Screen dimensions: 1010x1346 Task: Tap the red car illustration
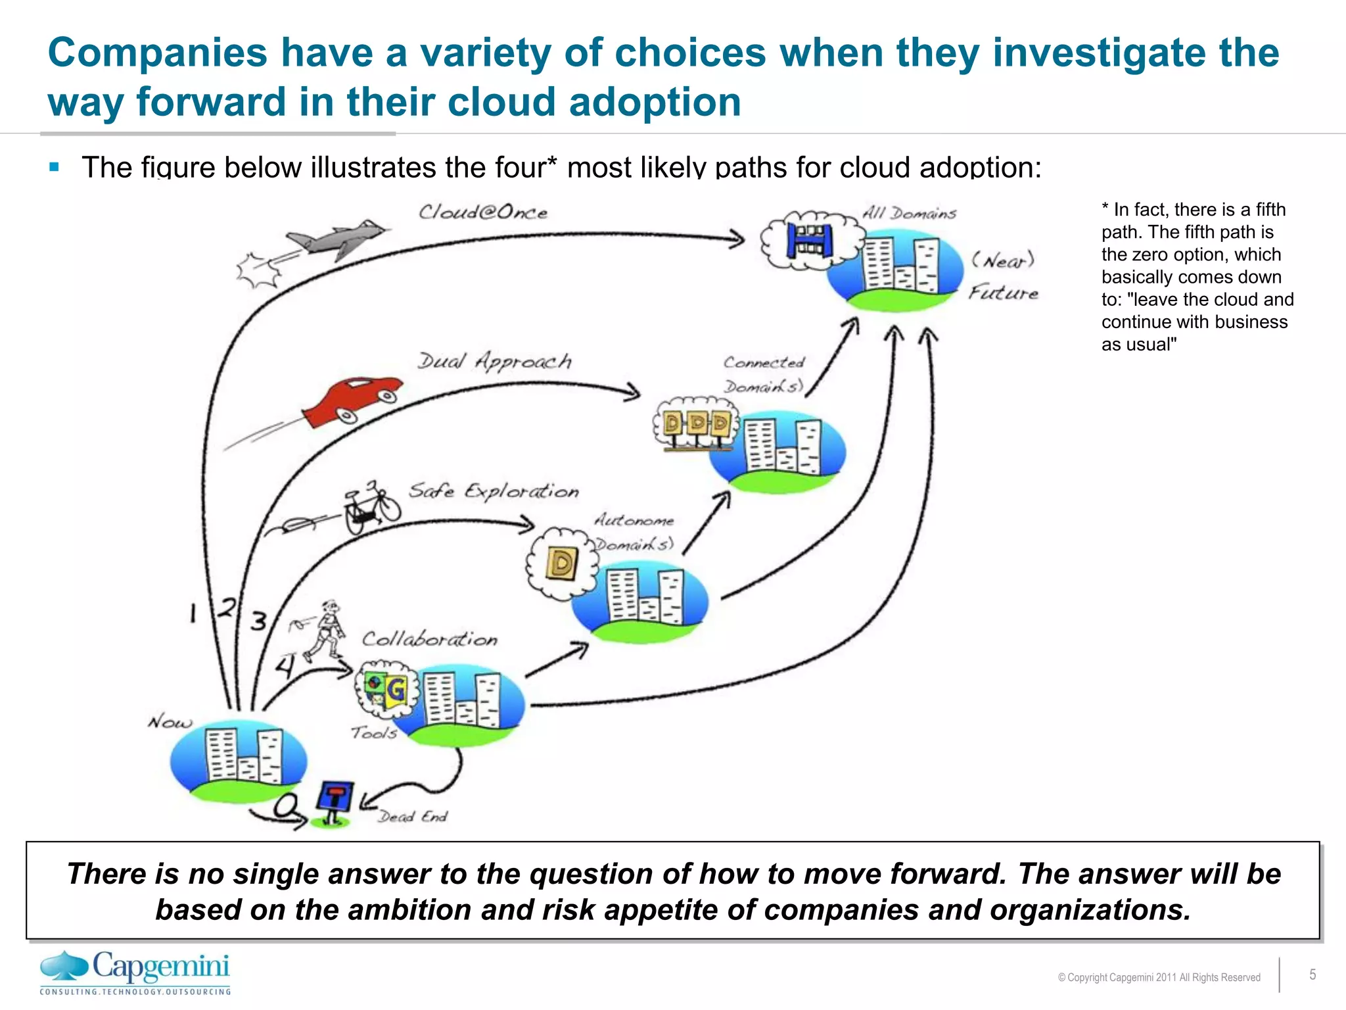pyautogui.click(x=355, y=399)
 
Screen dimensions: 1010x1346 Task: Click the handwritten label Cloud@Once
pyautogui.click(x=483, y=212)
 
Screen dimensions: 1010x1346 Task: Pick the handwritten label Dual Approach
pyautogui.click(x=494, y=362)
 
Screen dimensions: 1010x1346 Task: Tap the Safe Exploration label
pyautogui.click(x=494, y=491)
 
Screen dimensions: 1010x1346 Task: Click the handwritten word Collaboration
pyautogui.click(x=429, y=639)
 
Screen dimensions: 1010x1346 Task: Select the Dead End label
pyautogui.click(x=412, y=817)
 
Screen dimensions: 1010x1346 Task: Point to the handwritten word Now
pyautogui.click(x=170, y=722)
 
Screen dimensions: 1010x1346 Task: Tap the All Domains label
pyautogui.click(x=909, y=213)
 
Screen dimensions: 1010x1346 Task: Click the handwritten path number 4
pyautogui.click(x=284, y=667)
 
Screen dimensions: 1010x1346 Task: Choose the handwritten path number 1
pyautogui.click(x=193, y=613)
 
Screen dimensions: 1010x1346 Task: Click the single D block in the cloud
pyautogui.click(x=562, y=563)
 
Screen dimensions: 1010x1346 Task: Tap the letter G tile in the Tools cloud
pyautogui.click(x=395, y=690)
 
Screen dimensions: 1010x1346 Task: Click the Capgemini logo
pyautogui.click(x=135, y=972)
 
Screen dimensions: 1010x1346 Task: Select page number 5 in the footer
pyautogui.click(x=1312, y=974)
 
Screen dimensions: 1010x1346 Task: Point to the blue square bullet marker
pyautogui.click(x=55, y=167)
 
